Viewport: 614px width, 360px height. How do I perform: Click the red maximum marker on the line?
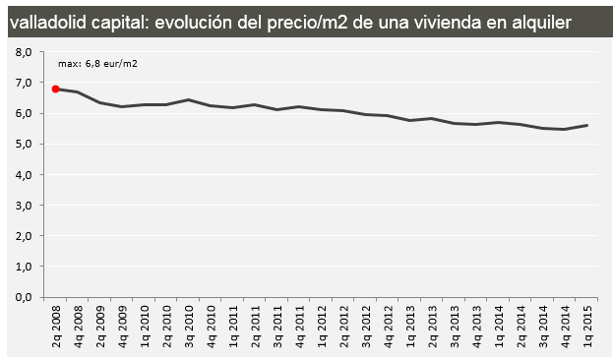tap(56, 89)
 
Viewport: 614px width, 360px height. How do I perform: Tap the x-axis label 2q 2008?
tap(56, 323)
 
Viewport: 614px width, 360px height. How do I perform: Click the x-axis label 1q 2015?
tap(586, 323)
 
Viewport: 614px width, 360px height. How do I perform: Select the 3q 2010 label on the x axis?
tap(186, 323)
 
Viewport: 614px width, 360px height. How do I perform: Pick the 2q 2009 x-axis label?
tap(99, 323)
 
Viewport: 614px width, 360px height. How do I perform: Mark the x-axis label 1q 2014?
tap(500, 323)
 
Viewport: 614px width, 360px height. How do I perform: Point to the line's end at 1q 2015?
tap(586, 125)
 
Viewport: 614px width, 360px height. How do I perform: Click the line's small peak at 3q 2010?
tap(186, 99)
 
